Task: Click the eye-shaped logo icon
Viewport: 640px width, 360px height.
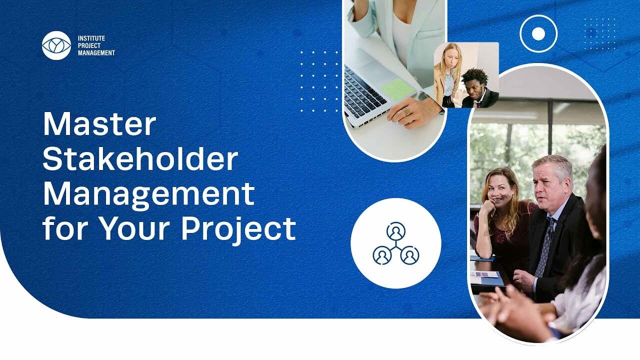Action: pos(56,45)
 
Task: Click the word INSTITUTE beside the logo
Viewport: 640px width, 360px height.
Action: pos(91,38)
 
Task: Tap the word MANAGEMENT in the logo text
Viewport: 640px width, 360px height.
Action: pos(96,53)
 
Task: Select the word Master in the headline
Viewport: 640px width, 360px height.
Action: pos(99,124)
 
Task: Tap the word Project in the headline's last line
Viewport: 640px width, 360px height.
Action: pos(238,228)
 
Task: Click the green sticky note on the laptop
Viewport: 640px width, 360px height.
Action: pos(397,89)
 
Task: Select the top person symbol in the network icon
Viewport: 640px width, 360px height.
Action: pos(396,231)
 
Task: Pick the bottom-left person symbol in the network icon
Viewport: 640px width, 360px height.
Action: pos(382,255)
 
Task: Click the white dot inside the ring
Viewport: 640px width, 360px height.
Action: pos(538,34)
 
